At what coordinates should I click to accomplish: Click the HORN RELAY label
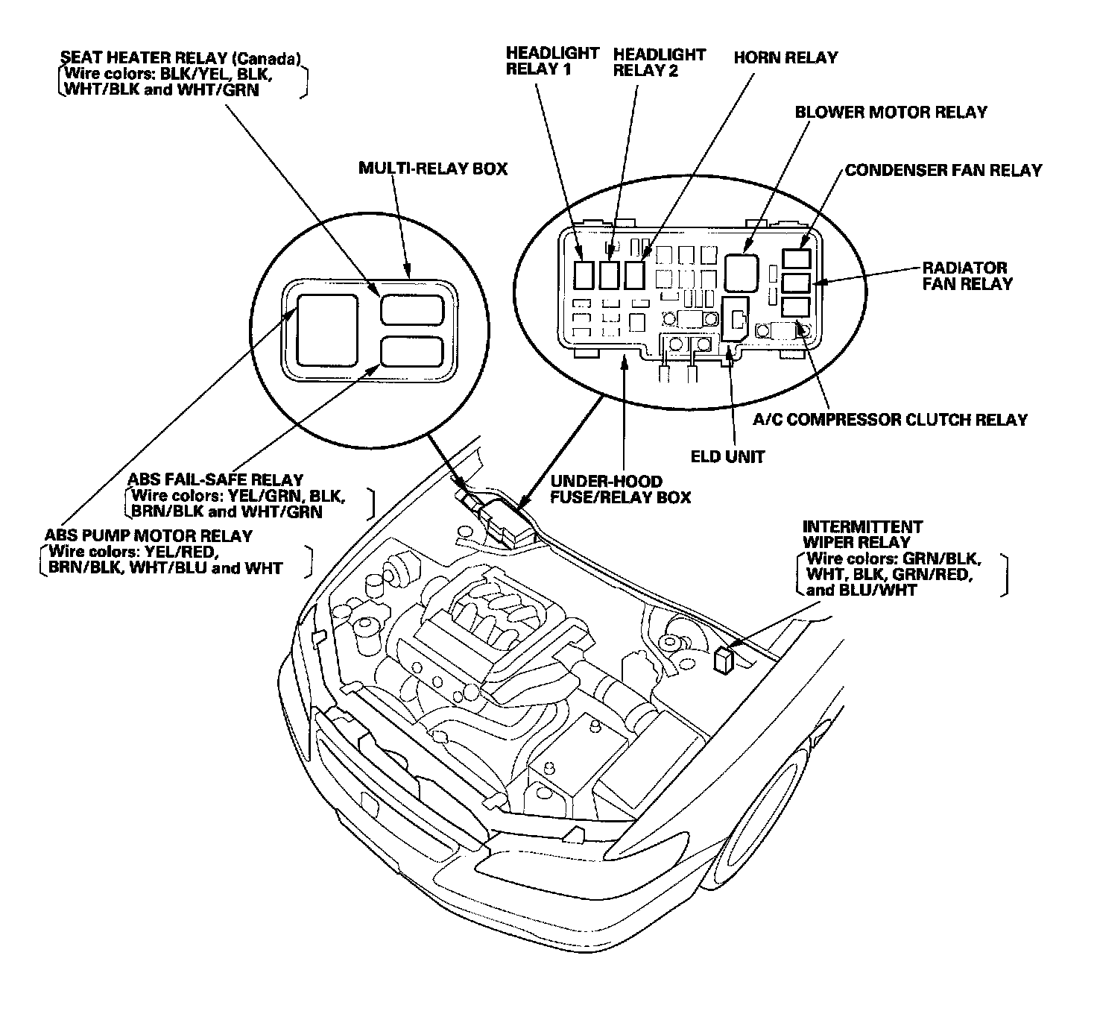tap(785, 57)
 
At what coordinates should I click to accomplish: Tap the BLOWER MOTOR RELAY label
tap(891, 113)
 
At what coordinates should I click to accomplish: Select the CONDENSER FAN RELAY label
tap(943, 171)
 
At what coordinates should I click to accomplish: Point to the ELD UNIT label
tap(727, 456)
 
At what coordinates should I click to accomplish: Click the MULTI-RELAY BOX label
tap(432, 169)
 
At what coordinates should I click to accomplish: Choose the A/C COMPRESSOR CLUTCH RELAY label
tap(890, 420)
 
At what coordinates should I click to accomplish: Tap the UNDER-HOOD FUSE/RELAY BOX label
tap(620, 489)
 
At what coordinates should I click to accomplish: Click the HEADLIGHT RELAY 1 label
tap(552, 62)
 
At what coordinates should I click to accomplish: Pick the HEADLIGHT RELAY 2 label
tap(659, 62)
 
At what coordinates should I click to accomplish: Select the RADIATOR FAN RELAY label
tap(967, 275)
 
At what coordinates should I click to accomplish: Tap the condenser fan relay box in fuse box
tap(796, 258)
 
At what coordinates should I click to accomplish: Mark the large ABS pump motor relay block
tap(328, 330)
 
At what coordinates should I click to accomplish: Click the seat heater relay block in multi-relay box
tap(412, 309)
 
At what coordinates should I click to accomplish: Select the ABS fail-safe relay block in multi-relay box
tap(412, 350)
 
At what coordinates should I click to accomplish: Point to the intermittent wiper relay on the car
tap(722, 661)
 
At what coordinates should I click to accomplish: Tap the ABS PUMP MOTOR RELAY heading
tap(148, 536)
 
